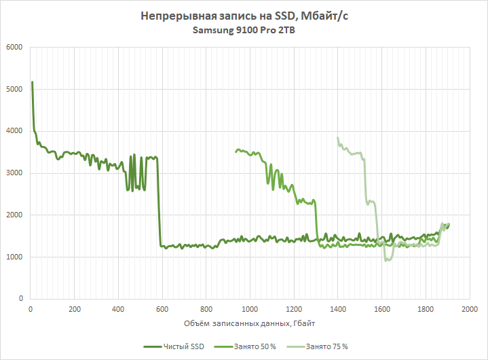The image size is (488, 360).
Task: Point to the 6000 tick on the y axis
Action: click(x=14, y=48)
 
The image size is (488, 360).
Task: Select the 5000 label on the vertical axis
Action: click(x=14, y=90)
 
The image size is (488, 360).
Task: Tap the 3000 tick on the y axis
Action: click(x=14, y=173)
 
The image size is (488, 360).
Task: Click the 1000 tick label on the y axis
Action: click(x=14, y=257)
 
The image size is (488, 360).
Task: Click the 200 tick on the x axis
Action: click(x=75, y=310)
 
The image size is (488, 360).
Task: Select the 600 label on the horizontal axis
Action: click(x=162, y=310)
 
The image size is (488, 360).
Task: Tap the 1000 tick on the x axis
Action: click(x=250, y=310)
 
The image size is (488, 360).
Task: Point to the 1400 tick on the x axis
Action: click(x=337, y=310)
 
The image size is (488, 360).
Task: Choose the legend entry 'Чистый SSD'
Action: click(x=181, y=346)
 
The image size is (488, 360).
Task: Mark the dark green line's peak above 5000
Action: click(x=33, y=82)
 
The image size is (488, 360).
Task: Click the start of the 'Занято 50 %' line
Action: click(x=236, y=151)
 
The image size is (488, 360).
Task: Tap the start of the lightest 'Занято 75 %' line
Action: click(x=337, y=138)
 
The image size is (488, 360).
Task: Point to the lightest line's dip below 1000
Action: click(x=387, y=260)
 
